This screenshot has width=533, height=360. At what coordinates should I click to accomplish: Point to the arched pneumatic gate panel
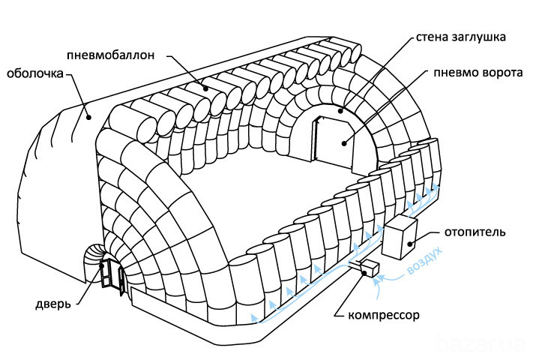(x=331, y=142)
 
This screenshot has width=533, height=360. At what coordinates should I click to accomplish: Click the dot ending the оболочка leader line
(x=88, y=116)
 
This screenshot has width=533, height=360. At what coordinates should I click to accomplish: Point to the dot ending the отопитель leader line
(x=410, y=243)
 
